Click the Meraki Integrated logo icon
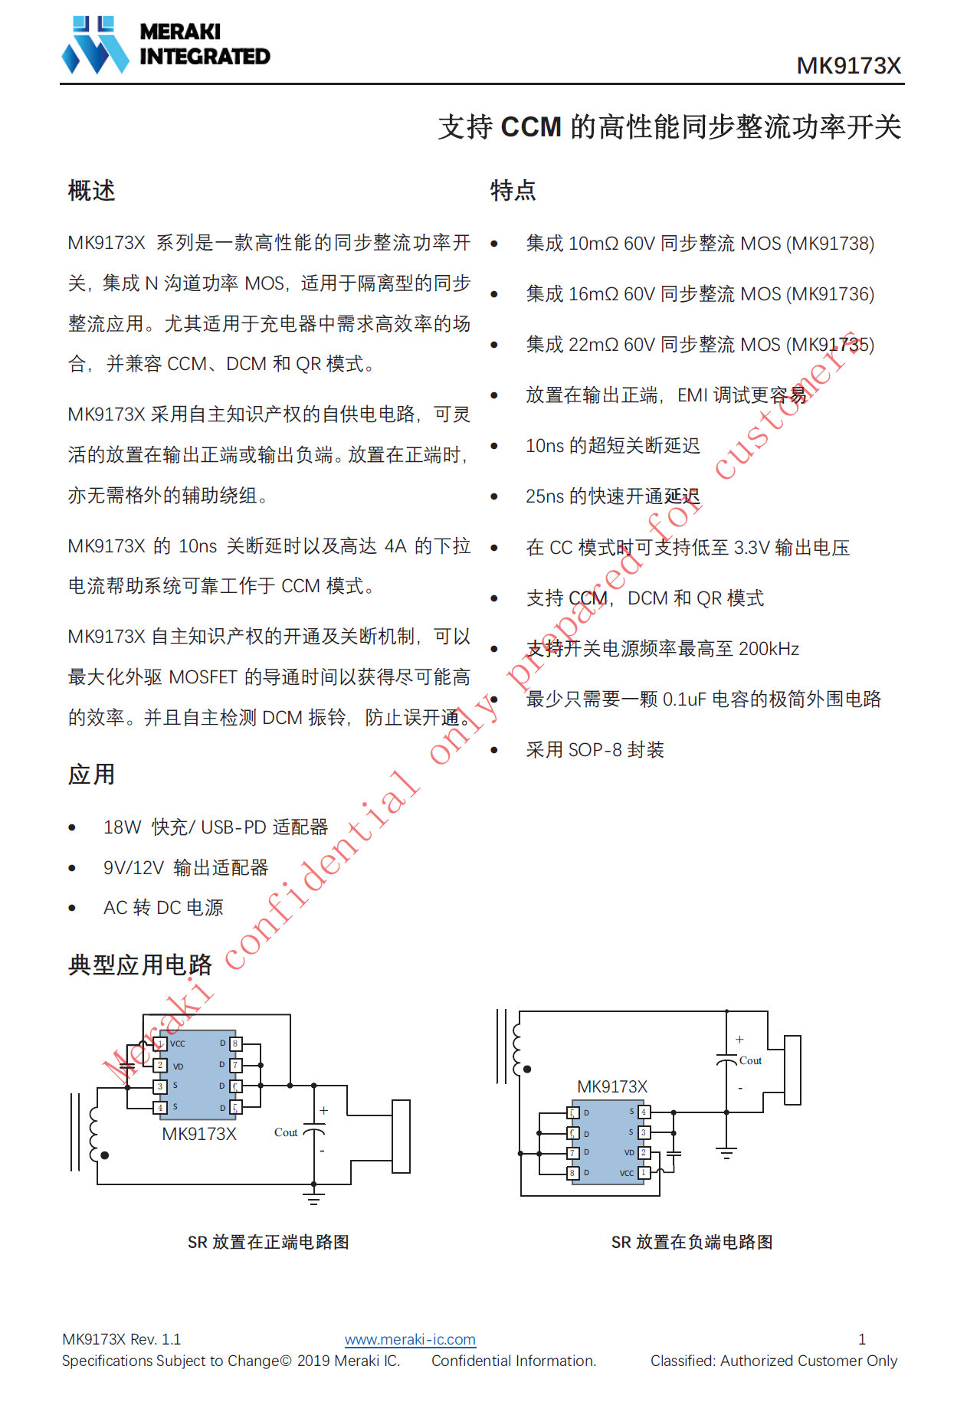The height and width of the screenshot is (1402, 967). coord(95,45)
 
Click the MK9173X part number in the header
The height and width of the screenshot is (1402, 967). coord(848,66)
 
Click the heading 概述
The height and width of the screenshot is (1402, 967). coord(91,191)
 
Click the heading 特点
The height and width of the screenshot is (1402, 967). coord(513,191)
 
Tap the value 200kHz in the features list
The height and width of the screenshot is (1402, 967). coord(769,649)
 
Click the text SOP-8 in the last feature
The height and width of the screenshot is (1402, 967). coord(595,750)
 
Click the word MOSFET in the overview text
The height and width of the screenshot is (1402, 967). coord(203,677)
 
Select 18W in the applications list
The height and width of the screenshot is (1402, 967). coord(123,827)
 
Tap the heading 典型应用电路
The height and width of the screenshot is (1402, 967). coord(140,965)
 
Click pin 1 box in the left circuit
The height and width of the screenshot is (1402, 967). coord(160,1043)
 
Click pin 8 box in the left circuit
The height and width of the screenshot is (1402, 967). coord(235,1043)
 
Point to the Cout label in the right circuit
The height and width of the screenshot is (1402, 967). coord(750,1061)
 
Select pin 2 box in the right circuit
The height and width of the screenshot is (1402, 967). coord(644,1152)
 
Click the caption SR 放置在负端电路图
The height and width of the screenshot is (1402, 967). coord(691,1242)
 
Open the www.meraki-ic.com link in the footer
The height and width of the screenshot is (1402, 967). coord(410,1339)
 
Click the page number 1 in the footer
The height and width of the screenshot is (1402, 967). coord(862,1339)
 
